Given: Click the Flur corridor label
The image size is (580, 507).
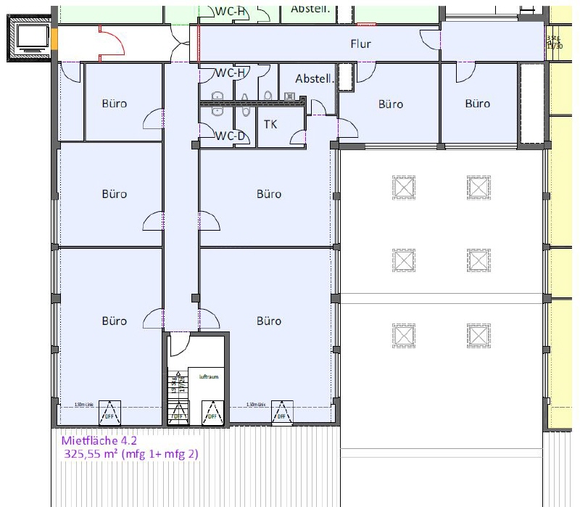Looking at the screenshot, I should pos(360,44).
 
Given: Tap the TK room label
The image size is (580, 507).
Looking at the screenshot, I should pos(270,124).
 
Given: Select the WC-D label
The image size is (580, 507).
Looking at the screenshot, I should pos(231,136).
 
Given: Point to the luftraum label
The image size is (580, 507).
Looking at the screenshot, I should pos(209,377).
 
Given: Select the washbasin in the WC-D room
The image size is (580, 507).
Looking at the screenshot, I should pos(215,110).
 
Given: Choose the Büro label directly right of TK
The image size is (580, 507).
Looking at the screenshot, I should pos(390,104).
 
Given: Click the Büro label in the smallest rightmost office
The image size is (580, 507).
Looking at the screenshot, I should pos(477,104).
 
